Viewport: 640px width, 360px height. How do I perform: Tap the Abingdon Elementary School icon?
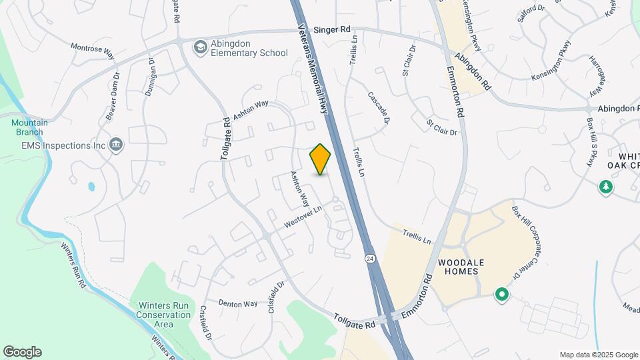[x=199, y=47]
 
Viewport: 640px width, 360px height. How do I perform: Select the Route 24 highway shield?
[x=369, y=257]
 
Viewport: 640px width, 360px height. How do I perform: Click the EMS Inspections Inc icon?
[x=116, y=145]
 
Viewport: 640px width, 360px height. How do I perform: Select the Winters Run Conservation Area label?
[x=163, y=315]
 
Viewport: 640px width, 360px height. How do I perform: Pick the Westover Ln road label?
[x=303, y=219]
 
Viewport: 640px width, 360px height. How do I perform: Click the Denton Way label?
[x=238, y=303]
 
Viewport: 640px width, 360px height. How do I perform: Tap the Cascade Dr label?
[x=377, y=105]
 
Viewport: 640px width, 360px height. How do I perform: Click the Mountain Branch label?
[x=29, y=127]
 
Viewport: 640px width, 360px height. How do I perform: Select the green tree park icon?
[x=606, y=187]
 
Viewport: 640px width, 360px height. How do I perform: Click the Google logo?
[x=22, y=352]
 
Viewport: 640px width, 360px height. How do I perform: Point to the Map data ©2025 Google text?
[x=598, y=355]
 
